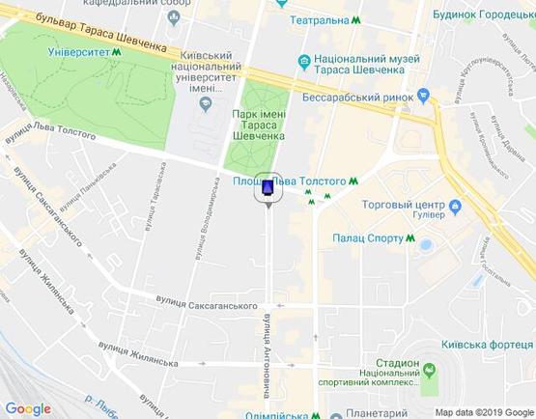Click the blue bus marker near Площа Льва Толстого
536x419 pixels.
(x=268, y=187)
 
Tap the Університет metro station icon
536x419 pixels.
(x=117, y=53)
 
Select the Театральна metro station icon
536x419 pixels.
(x=357, y=20)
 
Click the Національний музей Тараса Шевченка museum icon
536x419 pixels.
(x=304, y=62)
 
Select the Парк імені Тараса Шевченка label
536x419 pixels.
(x=258, y=125)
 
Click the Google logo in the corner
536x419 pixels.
(x=28, y=408)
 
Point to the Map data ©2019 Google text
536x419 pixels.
(x=484, y=412)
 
